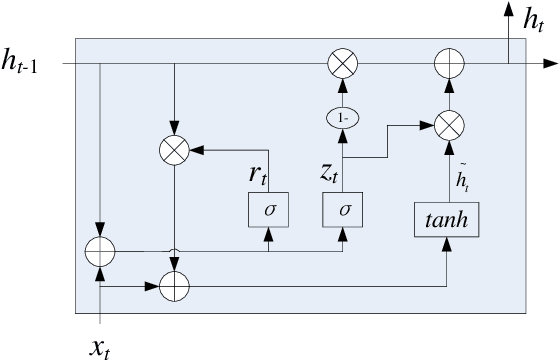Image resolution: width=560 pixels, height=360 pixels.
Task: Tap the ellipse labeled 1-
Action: tap(342, 116)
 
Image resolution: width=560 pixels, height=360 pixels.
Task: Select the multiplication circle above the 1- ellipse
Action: tap(342, 65)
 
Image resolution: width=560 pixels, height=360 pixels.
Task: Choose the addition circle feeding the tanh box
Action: tap(175, 286)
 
